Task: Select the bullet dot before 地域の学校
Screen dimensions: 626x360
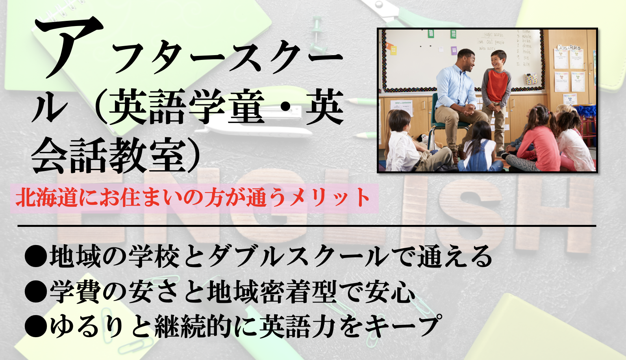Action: click(36, 256)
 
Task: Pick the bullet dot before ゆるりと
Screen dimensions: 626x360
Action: click(36, 327)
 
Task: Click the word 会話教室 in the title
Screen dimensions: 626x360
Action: click(109, 156)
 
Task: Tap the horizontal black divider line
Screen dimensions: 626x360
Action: click(307, 226)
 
